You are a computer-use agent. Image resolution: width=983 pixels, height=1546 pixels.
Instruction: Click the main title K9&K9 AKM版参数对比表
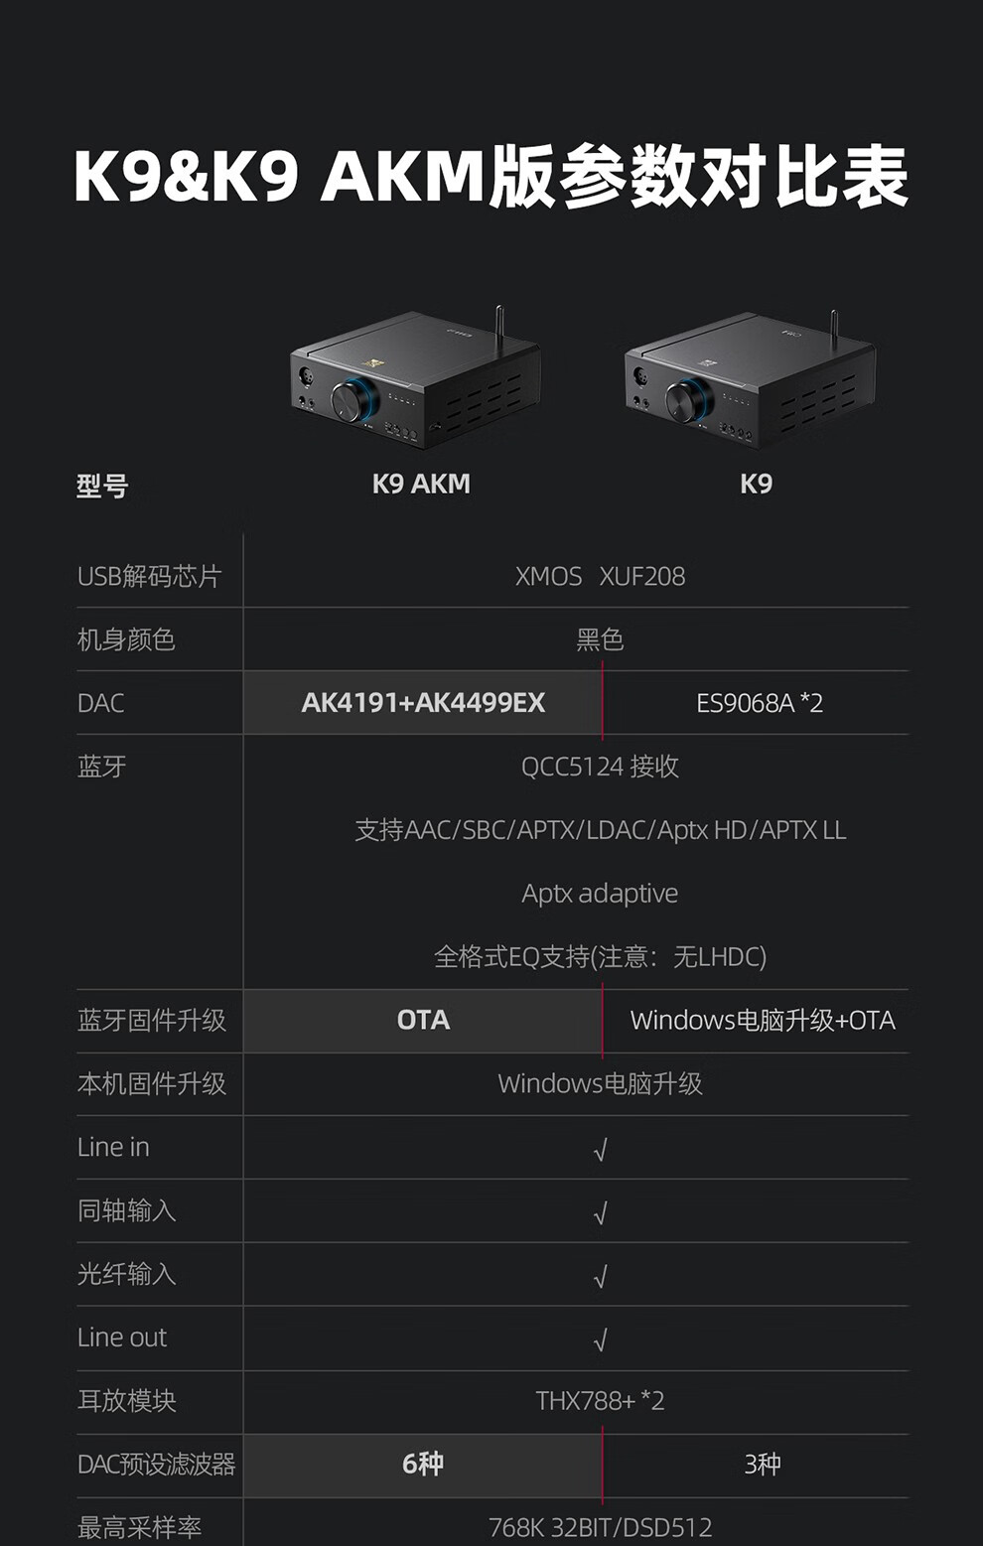pyautogui.click(x=491, y=177)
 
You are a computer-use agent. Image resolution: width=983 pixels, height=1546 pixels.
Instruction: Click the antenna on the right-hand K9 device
pyautogui.click(x=833, y=329)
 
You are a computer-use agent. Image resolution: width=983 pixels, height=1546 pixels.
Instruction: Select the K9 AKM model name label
pyautogui.click(x=421, y=484)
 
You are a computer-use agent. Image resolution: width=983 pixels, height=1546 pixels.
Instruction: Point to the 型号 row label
pyautogui.click(x=102, y=486)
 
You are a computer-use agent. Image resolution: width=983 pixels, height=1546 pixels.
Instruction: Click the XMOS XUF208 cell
pyautogui.click(x=600, y=576)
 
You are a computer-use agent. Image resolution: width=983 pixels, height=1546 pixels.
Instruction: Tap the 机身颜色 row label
pyautogui.click(x=126, y=639)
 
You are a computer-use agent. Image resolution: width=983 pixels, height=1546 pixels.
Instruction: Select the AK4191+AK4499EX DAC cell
pyautogui.click(x=423, y=703)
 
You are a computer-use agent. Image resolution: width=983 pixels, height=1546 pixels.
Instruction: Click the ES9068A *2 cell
pyautogui.click(x=760, y=703)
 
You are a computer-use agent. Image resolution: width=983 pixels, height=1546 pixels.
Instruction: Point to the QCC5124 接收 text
pyautogui.click(x=600, y=767)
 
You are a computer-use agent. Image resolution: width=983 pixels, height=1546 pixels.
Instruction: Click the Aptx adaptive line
pyautogui.click(x=600, y=894)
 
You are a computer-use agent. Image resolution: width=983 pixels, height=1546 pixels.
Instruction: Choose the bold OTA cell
pyautogui.click(x=423, y=1020)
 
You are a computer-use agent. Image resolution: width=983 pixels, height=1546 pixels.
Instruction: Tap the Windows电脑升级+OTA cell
pyautogui.click(x=763, y=1020)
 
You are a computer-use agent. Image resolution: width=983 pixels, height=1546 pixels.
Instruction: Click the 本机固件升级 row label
pyautogui.click(x=152, y=1083)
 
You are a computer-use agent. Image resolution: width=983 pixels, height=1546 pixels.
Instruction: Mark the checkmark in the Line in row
pyautogui.click(x=600, y=1150)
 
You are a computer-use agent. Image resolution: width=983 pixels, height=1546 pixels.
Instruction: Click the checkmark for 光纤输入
pyautogui.click(x=600, y=1277)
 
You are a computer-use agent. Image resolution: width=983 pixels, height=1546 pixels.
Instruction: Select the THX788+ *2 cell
pyautogui.click(x=600, y=1401)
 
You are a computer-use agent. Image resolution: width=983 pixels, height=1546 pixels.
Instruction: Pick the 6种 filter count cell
pyautogui.click(x=423, y=1464)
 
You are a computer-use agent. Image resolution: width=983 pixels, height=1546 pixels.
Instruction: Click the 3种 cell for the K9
pyautogui.click(x=763, y=1464)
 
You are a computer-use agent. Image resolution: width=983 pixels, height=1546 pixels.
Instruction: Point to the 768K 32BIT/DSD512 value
pyautogui.click(x=600, y=1526)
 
